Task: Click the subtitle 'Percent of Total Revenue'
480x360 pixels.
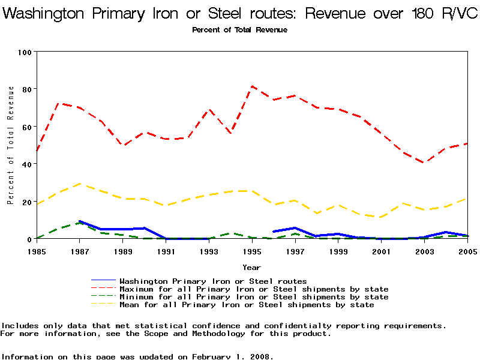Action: click(240, 30)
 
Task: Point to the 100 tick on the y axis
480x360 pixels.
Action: click(25, 52)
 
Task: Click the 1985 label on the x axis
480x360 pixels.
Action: click(37, 251)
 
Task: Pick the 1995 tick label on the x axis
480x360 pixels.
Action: click(253, 251)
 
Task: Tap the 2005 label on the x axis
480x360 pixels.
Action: click(467, 251)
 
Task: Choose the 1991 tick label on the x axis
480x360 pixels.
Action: click(166, 251)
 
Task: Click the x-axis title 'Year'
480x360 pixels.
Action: click(252, 267)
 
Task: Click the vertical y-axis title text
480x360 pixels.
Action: click(11, 145)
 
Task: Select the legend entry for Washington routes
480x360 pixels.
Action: click(213, 281)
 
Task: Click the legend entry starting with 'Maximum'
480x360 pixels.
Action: click(254, 289)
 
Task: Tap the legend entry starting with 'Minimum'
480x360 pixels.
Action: click(254, 297)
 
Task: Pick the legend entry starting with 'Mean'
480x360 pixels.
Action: click(247, 305)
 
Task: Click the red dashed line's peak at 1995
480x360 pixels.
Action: click(253, 86)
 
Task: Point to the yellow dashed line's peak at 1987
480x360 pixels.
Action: click(80, 184)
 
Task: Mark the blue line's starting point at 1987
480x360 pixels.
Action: click(80, 221)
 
